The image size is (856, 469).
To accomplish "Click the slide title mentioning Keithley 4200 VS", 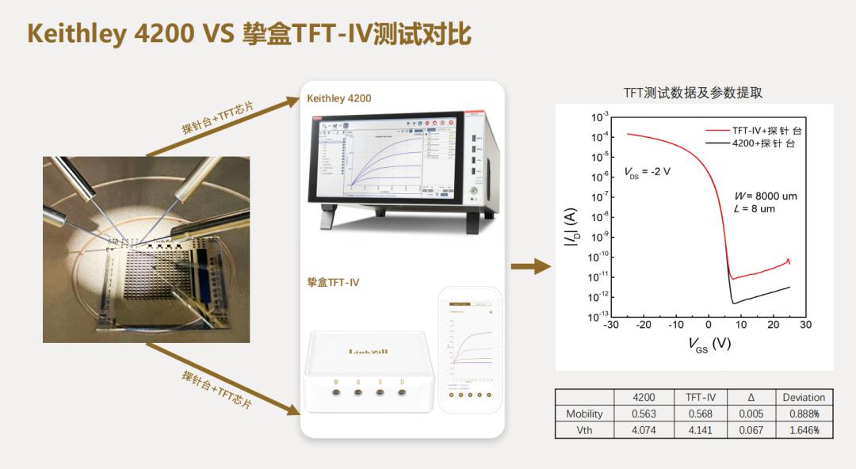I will coord(250,33).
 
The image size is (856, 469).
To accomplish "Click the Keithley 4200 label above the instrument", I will coord(339,99).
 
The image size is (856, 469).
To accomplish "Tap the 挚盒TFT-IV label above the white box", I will coord(333,281).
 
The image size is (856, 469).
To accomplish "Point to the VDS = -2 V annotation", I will coord(648,171).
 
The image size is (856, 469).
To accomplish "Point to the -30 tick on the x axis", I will coord(611,325).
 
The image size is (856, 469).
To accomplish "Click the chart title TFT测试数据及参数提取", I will coord(693,93).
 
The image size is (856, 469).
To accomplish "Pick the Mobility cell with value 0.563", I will coord(644,414).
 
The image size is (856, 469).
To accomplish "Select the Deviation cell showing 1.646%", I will coord(804,430).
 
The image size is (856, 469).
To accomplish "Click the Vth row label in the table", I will coord(584,430).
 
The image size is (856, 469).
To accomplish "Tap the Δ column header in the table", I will coord(751,397).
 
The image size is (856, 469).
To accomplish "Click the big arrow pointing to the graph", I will coord(531,267).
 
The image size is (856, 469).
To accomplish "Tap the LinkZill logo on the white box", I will coord(369,351).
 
